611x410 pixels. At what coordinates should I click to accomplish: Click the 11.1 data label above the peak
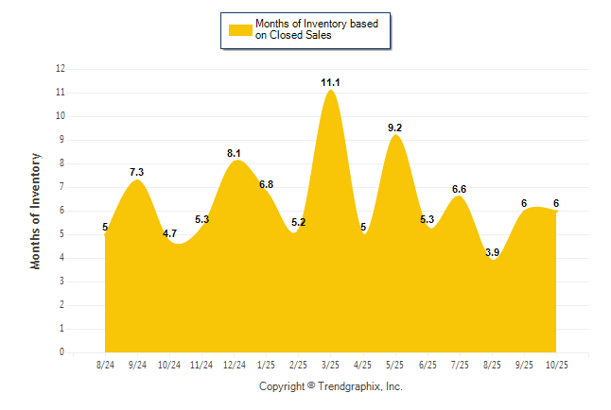[x=330, y=83]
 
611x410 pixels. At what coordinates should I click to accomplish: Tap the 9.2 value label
[x=395, y=128]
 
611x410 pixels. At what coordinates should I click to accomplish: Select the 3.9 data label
[x=492, y=252]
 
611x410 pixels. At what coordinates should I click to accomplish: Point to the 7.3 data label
[x=137, y=172]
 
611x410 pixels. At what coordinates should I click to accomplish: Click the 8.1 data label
[x=234, y=152]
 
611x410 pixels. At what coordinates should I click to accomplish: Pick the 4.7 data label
[x=169, y=232]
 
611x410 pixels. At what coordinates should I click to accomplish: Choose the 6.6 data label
[x=460, y=190]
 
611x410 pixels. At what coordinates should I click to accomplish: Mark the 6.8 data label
[x=266, y=184]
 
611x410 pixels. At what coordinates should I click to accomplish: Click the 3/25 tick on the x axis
[x=330, y=365]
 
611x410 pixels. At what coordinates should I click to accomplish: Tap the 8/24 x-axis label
[x=106, y=365]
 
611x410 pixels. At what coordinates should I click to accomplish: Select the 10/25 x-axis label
[x=556, y=365]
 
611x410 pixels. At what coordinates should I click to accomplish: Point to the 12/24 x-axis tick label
[x=234, y=365]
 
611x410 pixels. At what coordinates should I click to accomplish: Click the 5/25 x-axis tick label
[x=395, y=365]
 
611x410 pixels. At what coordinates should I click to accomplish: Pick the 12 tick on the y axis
[x=61, y=69]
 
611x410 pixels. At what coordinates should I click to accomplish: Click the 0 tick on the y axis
[x=62, y=352]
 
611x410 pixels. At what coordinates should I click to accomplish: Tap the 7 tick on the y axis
[x=62, y=187]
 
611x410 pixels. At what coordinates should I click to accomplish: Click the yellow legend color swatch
[x=239, y=30]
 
